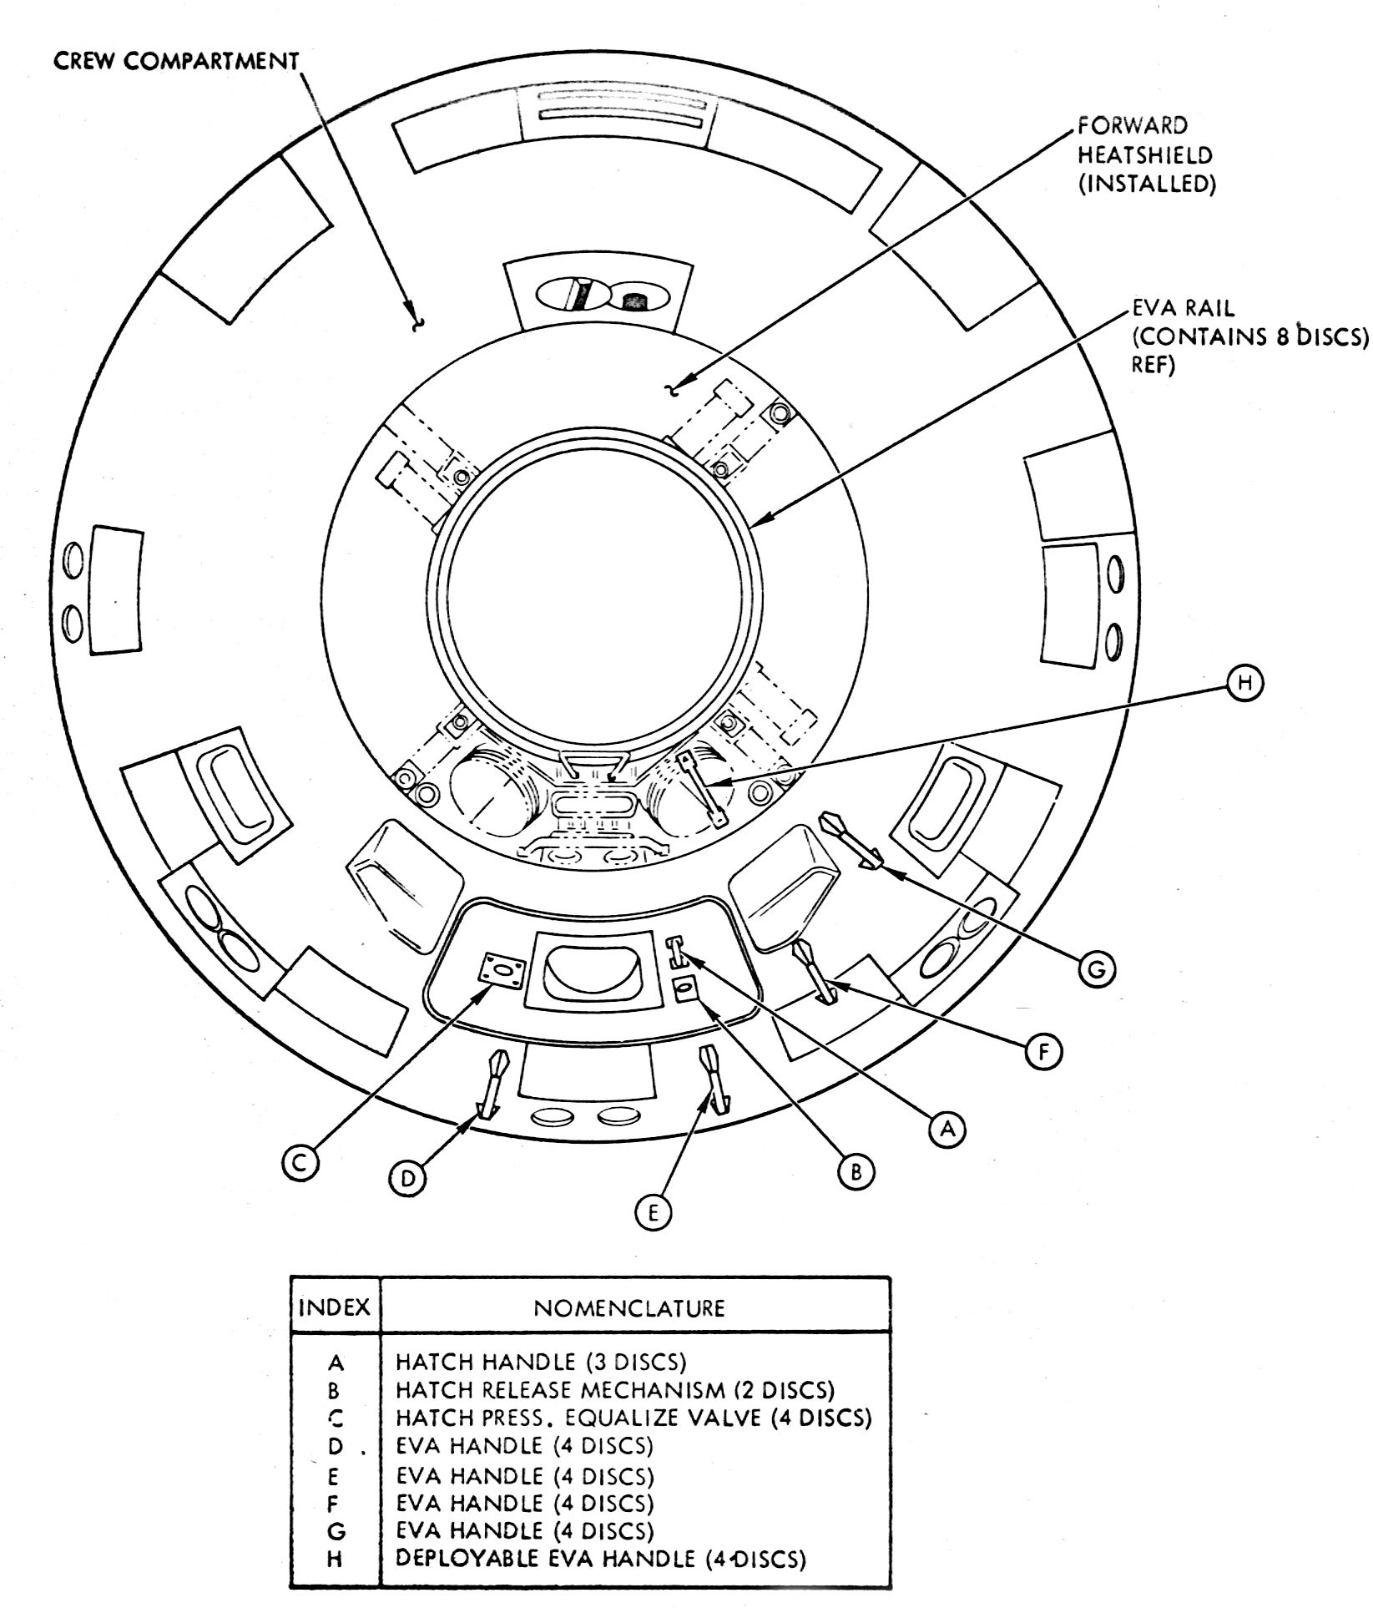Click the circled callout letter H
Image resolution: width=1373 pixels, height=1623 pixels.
[x=1245, y=683]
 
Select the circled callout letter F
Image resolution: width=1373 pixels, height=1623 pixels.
[x=1042, y=1053]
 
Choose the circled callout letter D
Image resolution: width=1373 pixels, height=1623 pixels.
[x=407, y=1177]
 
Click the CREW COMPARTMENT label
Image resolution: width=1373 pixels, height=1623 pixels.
[x=176, y=63]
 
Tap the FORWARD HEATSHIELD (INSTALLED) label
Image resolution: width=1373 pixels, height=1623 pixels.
[x=1145, y=155]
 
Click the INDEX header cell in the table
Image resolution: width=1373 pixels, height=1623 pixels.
[x=334, y=1307]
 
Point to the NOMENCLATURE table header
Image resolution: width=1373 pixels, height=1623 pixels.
[x=629, y=1307]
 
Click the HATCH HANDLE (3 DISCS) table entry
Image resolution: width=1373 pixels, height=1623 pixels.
[x=541, y=1362]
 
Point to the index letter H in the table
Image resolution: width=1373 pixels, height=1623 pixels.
[x=336, y=1558]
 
